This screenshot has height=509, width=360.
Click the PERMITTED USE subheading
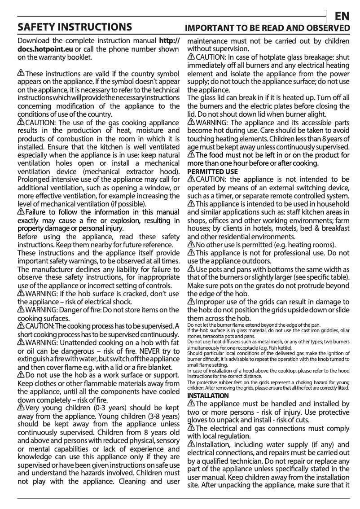[212, 172]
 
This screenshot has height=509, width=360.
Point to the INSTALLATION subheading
[208, 395]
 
